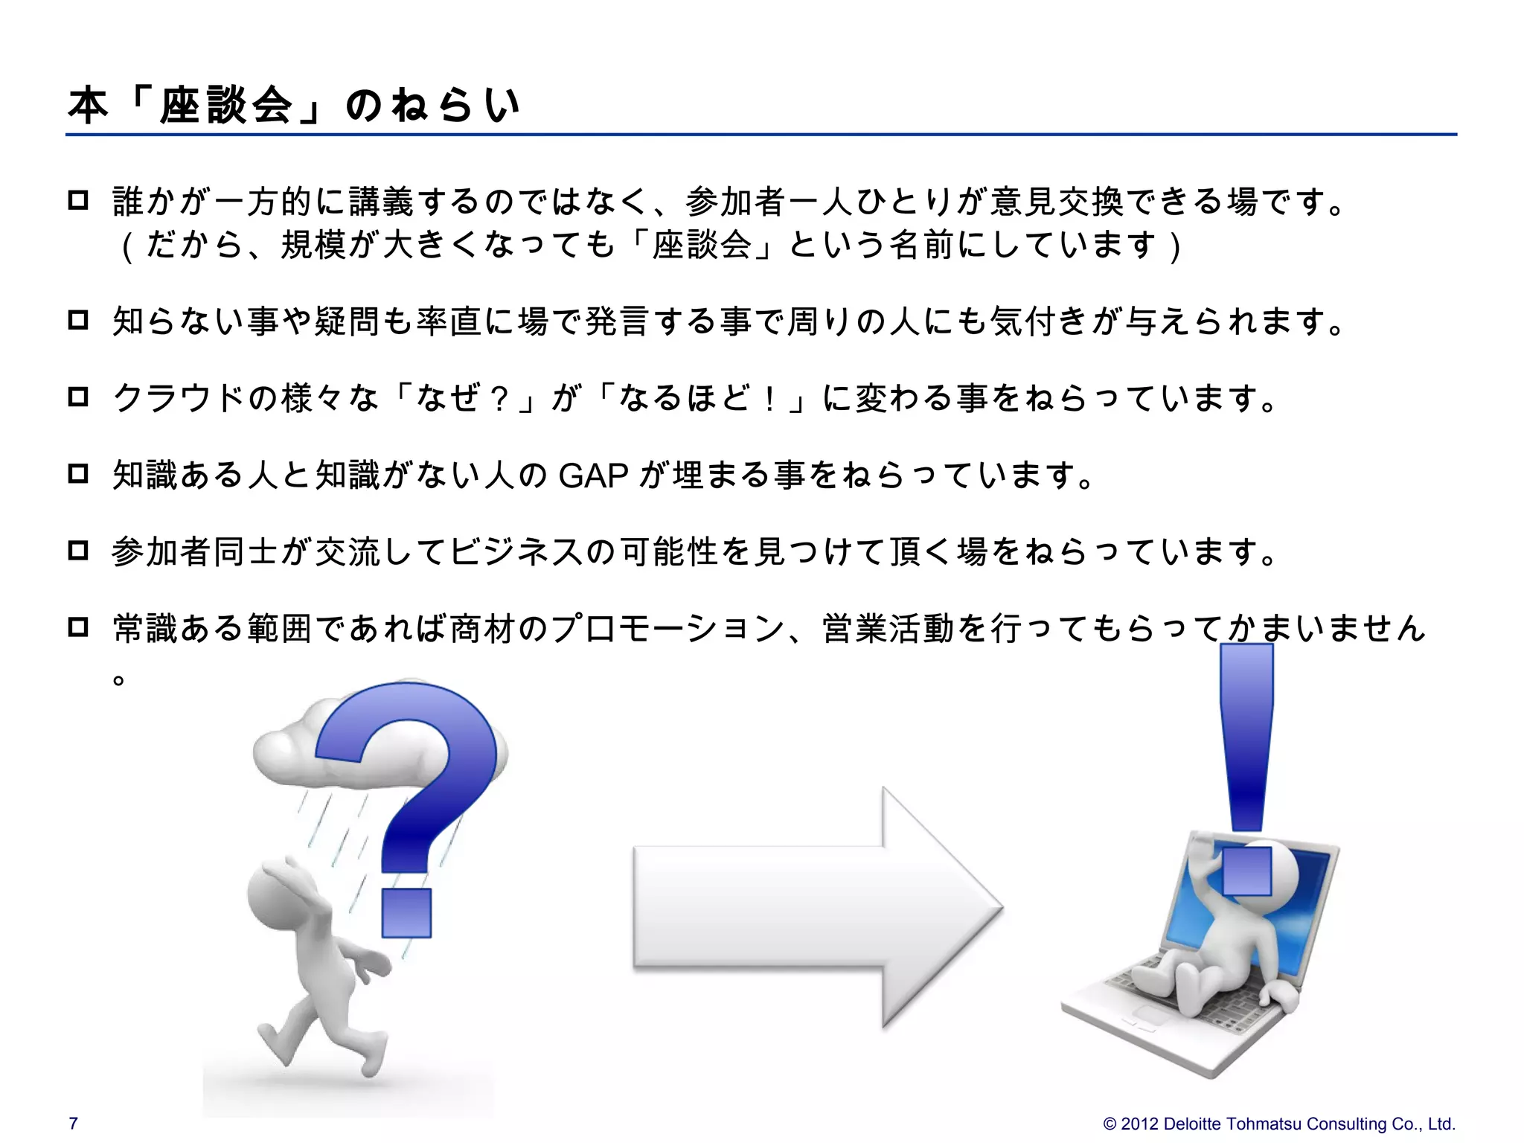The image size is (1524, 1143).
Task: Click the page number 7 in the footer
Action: click(73, 1123)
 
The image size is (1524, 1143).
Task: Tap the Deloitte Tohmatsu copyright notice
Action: click(1278, 1124)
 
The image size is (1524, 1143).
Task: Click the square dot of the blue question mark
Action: click(406, 912)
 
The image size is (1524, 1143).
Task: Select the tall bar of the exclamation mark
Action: click(1247, 737)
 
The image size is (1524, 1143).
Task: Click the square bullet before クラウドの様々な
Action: click(78, 397)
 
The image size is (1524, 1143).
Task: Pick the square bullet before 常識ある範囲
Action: click(78, 627)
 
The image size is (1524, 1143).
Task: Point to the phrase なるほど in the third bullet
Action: click(684, 398)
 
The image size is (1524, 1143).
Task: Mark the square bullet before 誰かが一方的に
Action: click(78, 201)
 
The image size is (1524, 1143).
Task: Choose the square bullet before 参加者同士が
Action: click(78, 551)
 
